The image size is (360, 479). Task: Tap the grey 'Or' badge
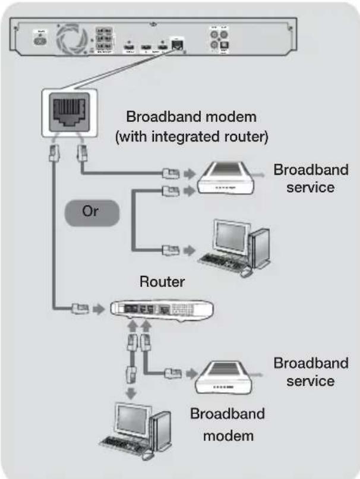[90, 213]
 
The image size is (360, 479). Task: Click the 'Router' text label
[162, 282]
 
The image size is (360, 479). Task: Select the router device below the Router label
[162, 310]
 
